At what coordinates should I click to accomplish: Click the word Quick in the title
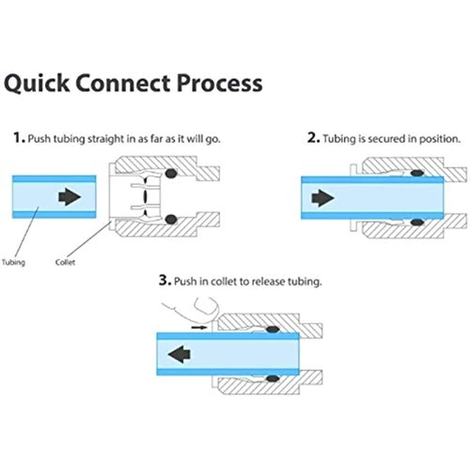(x=36, y=83)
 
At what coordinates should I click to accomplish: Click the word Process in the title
(x=220, y=83)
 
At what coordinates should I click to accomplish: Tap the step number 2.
(x=314, y=138)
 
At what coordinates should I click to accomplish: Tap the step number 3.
(x=165, y=280)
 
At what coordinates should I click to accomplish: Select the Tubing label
(x=13, y=263)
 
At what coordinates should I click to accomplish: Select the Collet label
(x=65, y=263)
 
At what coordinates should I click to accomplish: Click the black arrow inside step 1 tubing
(x=70, y=197)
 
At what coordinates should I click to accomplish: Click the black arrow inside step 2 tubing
(x=323, y=198)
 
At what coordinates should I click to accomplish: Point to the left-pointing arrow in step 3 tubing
(x=179, y=354)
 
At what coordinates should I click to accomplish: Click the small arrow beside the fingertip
(x=199, y=328)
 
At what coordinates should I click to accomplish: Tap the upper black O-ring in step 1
(x=171, y=173)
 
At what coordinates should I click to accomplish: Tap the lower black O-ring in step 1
(x=171, y=220)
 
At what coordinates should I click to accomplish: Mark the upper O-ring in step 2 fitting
(x=417, y=173)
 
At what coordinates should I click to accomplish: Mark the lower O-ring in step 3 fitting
(x=273, y=378)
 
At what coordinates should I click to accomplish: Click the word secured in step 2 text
(x=386, y=139)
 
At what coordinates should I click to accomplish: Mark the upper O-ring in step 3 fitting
(x=273, y=330)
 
